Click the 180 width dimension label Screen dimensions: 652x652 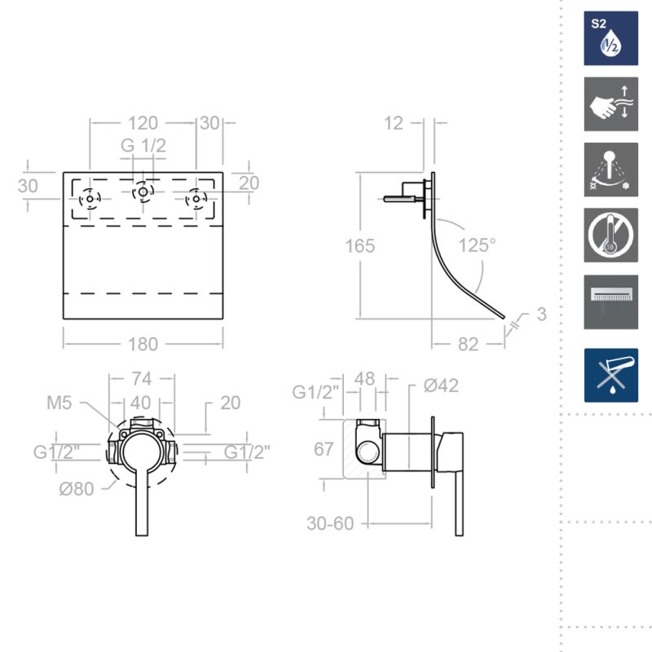[143, 344]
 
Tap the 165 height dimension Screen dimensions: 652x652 [360, 246]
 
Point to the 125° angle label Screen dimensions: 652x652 [477, 245]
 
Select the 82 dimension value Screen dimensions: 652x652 [468, 344]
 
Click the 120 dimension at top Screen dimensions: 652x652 [143, 123]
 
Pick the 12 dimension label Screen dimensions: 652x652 [393, 123]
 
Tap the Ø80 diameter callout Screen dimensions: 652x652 [77, 489]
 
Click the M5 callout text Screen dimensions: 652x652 [59, 403]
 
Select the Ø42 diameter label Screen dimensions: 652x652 [441, 385]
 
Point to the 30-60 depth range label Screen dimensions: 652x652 [330, 523]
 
